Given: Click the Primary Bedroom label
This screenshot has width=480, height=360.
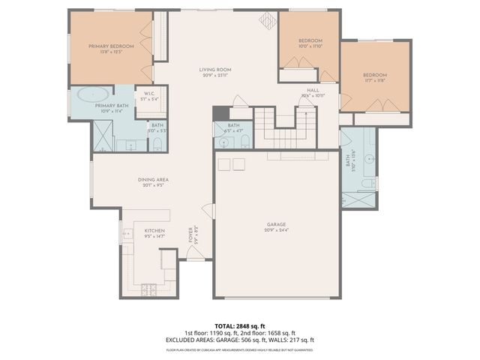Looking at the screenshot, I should pos(111,46).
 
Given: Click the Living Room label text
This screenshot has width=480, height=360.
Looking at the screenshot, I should pos(214,70).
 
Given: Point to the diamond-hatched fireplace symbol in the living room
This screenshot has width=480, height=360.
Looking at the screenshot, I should pos(266,21).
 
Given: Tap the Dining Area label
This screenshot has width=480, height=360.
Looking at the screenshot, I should pos(152,179).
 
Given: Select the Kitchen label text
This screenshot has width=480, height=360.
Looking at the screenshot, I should pos(154,230).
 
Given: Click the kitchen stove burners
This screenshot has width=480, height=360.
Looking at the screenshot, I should pos(148,289).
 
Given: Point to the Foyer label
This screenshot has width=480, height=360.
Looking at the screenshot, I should pos(195,235).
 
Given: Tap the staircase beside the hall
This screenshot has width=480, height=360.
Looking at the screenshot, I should pos(285,128).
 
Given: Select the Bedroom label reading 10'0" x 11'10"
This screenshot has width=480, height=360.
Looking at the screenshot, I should pos(310,40).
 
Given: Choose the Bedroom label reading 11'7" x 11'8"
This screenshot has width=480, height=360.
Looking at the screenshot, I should pos(375,75).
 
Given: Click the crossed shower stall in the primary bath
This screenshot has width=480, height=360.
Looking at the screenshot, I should pos(102,136).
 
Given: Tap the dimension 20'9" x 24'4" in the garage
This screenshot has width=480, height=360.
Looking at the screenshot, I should pos(277,229).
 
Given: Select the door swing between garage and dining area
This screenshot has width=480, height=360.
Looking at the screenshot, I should pos(211,211).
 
